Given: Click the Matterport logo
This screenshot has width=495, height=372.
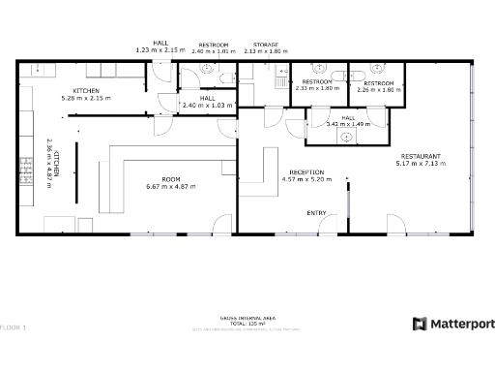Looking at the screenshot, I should click(453, 324).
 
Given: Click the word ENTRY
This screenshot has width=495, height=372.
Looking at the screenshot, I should click(316, 212).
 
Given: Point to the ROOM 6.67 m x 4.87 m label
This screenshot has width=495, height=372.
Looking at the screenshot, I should click(171, 182).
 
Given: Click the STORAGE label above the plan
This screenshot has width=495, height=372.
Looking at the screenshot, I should click(266, 45).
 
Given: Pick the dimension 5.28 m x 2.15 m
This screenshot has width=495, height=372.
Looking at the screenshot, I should click(87, 98).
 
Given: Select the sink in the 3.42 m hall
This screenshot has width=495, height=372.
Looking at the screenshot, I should click(345, 138).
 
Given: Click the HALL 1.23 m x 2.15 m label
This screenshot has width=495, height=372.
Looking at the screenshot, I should click(154, 46).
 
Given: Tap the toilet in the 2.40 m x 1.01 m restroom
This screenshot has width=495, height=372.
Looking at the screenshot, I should click(210, 70).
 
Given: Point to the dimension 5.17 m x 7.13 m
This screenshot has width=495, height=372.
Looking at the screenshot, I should click(418, 164).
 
